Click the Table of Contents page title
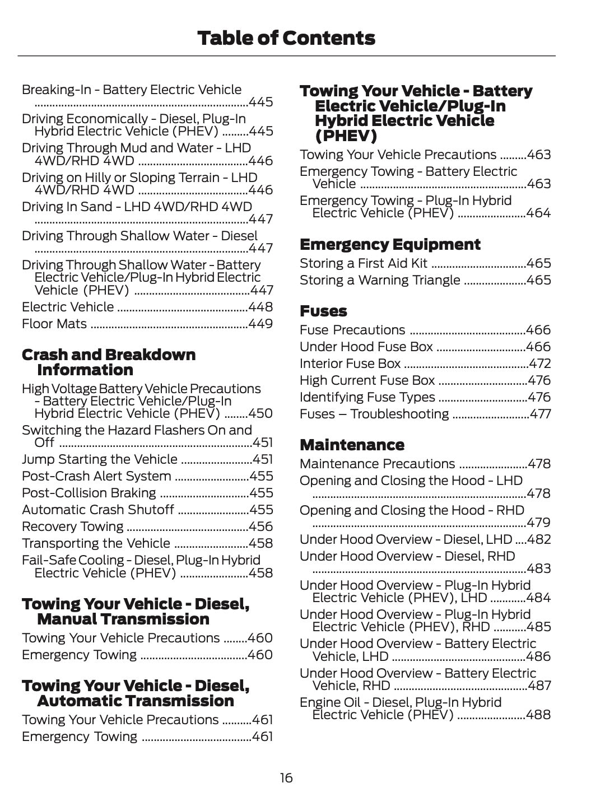point(286,38)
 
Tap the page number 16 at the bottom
point(286,778)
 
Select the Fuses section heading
point(323,311)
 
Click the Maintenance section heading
point(352,445)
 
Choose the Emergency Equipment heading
point(390,245)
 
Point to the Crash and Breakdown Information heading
point(109,362)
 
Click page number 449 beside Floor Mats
point(260,324)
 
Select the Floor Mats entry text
point(54,324)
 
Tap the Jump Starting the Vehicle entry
point(100,459)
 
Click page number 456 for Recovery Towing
point(260,526)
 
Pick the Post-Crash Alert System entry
point(96,476)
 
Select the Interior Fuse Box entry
point(350,363)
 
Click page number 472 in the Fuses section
point(540,363)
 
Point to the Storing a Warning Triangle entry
point(380,280)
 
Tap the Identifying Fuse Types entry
point(367,397)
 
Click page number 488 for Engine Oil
point(538,715)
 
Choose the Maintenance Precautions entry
point(378,464)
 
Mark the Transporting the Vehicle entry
point(96,543)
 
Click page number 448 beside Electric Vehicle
point(260,307)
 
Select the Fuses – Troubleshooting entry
point(374,414)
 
